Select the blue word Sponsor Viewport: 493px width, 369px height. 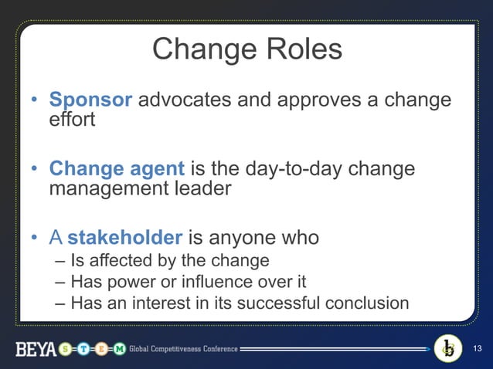click(x=91, y=100)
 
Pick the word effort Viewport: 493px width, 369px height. click(x=72, y=120)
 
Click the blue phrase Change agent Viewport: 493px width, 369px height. click(x=117, y=168)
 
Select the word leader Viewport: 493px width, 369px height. click(x=202, y=188)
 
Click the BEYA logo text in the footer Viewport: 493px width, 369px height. click(x=36, y=350)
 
